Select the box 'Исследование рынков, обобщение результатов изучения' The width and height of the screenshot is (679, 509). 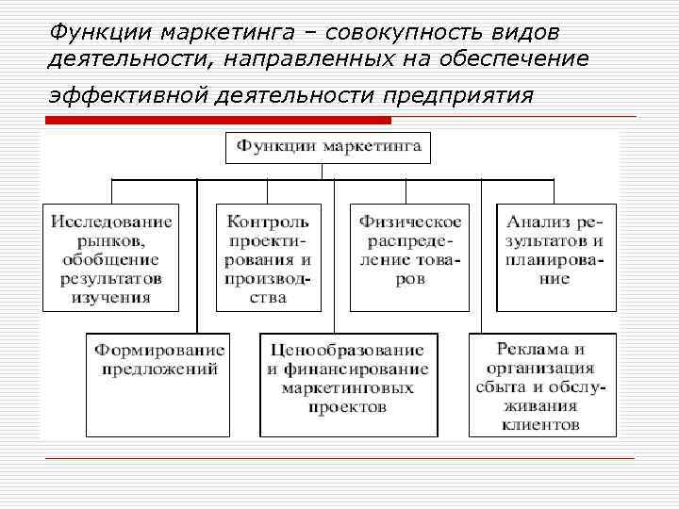tap(111, 257)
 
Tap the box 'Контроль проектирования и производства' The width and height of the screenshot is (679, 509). tap(268, 257)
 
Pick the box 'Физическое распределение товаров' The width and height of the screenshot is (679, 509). tap(409, 257)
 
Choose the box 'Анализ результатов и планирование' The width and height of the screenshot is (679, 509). tap(556, 257)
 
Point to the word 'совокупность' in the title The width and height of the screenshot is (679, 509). tap(398, 34)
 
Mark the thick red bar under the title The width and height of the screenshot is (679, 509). tap(218, 120)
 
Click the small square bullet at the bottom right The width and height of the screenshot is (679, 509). tap(638, 458)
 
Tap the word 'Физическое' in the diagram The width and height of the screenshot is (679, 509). tap(409, 222)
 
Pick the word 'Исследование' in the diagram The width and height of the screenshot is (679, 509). tap(111, 222)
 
